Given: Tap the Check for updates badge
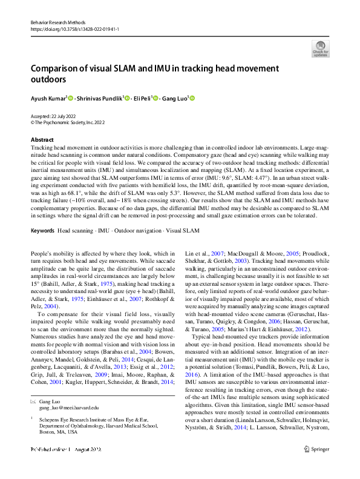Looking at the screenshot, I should click(320, 48).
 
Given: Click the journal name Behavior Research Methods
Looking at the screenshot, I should click(56, 21).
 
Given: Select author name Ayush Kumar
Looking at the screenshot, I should click(48, 98).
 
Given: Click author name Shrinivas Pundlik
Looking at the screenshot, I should click(98, 98).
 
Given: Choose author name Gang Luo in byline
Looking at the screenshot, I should click(175, 98).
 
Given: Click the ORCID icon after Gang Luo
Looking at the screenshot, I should click(192, 98).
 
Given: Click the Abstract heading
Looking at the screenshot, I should click(42, 140).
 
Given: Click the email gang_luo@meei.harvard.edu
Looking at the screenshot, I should click(70, 408).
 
